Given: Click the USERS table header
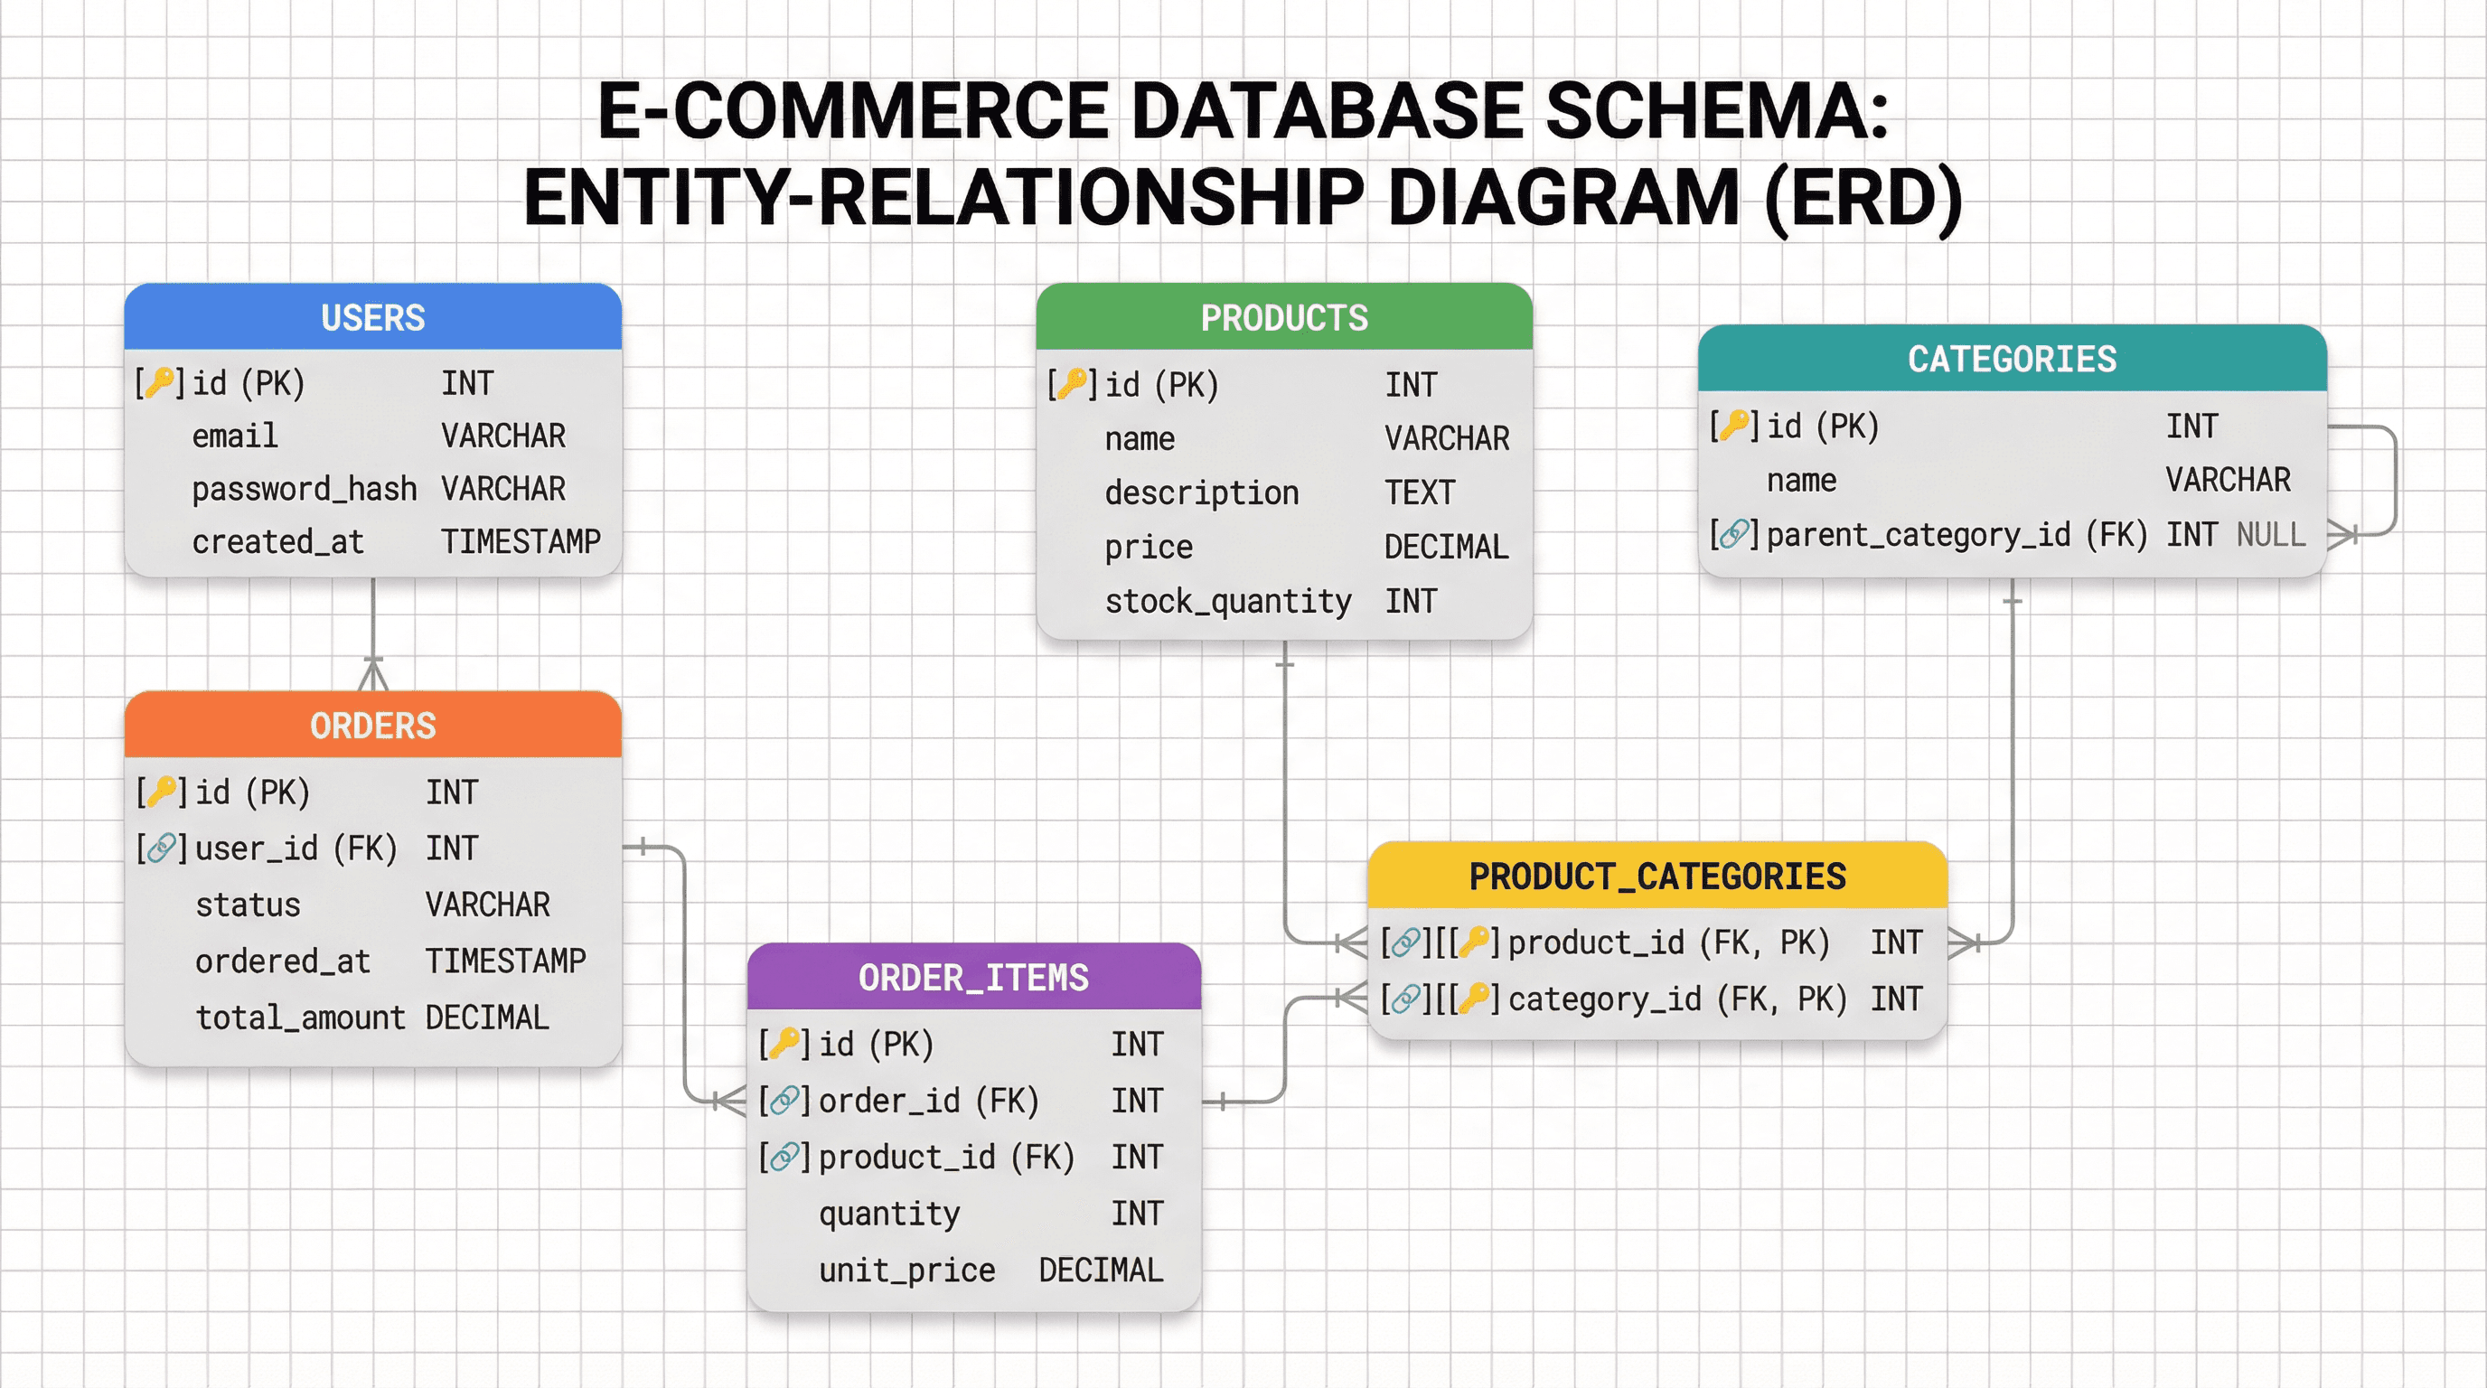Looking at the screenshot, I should click(x=372, y=317).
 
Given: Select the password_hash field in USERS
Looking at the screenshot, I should click(x=305, y=490).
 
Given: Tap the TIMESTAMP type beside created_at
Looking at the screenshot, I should click(x=521, y=541).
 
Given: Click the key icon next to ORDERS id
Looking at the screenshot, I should click(x=161, y=792).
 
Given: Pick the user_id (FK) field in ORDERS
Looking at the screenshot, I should click(x=296, y=849).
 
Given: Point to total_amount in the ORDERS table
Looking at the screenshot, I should click(x=300, y=1018).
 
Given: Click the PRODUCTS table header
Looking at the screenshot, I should click(x=1284, y=317).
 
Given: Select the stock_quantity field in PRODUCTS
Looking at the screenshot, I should click(x=1228, y=601).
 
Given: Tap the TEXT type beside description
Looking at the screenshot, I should click(x=1419, y=493).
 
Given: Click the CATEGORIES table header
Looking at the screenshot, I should click(x=2012, y=359).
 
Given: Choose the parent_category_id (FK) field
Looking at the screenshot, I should click(x=1956, y=535).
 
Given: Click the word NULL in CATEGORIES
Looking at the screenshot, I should click(x=2271, y=535).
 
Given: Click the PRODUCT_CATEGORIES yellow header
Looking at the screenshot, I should click(x=1656, y=877).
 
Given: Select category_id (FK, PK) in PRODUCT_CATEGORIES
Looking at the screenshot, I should click(x=1676, y=999).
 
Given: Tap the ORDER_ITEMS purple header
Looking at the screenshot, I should click(x=973, y=978).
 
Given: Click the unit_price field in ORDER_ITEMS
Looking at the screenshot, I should click(x=906, y=1271).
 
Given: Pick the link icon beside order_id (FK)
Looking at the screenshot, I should click(x=784, y=1101).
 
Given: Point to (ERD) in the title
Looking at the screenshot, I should click(x=1863, y=198).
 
